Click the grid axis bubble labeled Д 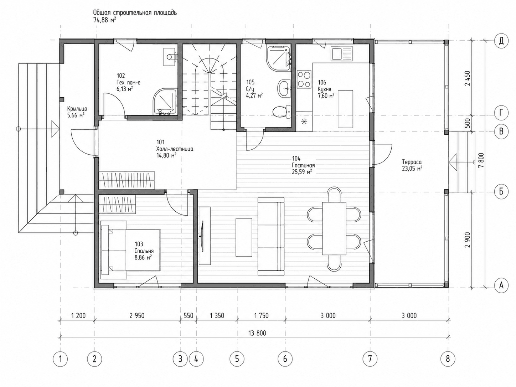coord(501,41)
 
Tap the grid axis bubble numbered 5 coord(237,359)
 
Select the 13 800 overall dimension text coord(257,333)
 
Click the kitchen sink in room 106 coord(342,53)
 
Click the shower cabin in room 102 coord(165,102)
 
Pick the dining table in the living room coord(334,228)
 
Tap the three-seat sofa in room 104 coord(271,236)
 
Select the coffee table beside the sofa coord(244,237)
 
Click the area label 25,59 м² coord(302,172)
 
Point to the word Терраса coord(412,162)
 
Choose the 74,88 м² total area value coord(105,20)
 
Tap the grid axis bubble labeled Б coord(501,191)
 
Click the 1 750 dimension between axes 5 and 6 coord(261,315)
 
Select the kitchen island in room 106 coord(345,109)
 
